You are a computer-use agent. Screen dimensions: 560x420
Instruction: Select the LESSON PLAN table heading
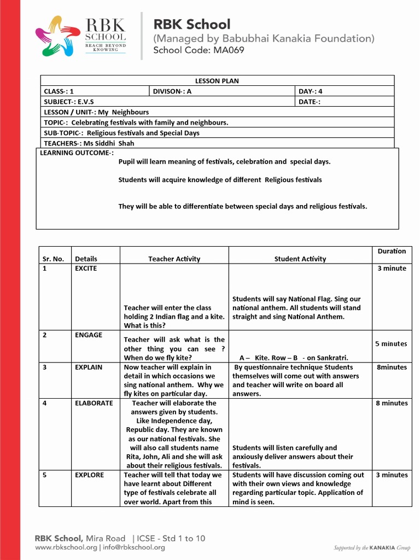point(217,81)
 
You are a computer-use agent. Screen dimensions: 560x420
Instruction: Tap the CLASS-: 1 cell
point(59,91)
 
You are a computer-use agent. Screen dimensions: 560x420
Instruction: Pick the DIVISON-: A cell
point(172,91)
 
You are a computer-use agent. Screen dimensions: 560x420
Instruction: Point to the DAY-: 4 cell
point(310,91)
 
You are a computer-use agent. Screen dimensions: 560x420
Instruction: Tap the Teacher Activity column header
point(174,259)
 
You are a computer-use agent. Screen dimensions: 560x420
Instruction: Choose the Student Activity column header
point(300,259)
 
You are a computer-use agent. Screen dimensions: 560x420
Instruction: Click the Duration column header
point(392,251)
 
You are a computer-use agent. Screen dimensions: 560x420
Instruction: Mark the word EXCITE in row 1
point(86,269)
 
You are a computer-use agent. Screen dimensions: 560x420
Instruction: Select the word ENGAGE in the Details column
point(89,335)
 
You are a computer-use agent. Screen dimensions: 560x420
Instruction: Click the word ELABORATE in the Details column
point(94,403)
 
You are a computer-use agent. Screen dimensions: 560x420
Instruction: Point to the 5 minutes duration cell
point(391,344)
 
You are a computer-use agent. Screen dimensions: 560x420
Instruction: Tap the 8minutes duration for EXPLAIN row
point(392,367)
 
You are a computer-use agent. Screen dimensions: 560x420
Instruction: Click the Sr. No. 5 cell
point(46,475)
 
